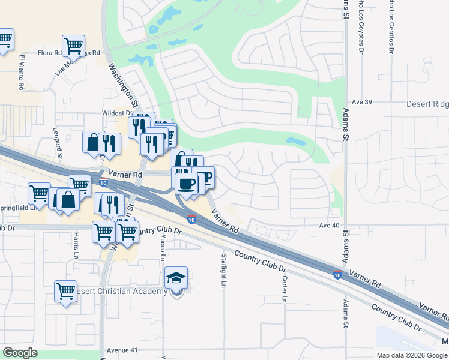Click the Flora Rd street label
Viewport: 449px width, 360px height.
50,53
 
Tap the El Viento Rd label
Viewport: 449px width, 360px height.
21,73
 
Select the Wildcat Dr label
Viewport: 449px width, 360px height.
117,112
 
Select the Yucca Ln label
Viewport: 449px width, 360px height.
163,247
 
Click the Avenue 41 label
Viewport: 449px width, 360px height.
122,350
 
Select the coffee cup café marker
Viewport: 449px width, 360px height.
186,182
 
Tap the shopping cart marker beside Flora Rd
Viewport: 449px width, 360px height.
73,45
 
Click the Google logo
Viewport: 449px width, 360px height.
20,353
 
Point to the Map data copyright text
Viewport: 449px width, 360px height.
411,355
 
